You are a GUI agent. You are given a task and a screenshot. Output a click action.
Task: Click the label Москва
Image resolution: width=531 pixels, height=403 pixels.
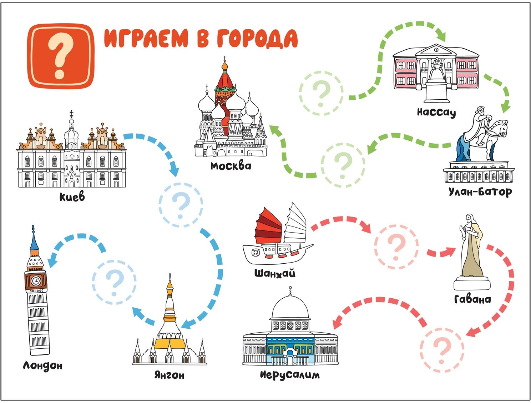coord(231,166)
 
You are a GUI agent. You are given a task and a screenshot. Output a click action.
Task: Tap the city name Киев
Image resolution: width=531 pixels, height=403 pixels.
coord(72,196)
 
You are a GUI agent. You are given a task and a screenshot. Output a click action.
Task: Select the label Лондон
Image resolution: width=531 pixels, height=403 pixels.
coord(42,365)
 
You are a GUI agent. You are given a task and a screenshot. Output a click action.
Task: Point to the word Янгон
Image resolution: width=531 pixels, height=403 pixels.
coord(169,375)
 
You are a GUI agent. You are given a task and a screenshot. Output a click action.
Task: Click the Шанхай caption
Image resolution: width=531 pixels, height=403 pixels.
coord(275,274)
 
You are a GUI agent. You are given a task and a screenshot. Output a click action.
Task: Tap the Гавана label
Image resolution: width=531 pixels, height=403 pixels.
coord(472,299)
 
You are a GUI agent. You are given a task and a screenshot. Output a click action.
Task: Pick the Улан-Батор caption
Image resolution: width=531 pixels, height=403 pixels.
coord(480,192)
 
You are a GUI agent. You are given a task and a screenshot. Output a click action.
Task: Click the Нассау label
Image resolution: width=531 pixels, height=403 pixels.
coord(436,112)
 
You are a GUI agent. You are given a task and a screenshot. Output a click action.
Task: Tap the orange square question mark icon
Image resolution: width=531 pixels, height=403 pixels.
coord(61,56)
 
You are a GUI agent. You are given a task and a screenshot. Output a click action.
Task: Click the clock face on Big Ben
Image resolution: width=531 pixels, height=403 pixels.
coord(36,281)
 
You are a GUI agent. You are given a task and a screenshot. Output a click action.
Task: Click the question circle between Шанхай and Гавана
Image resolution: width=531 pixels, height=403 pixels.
coord(396,247)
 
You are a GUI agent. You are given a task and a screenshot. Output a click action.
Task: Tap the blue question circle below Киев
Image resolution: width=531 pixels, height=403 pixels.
coord(181,204)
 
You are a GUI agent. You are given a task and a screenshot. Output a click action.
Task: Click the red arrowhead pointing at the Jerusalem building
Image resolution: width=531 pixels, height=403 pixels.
coord(336,323)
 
